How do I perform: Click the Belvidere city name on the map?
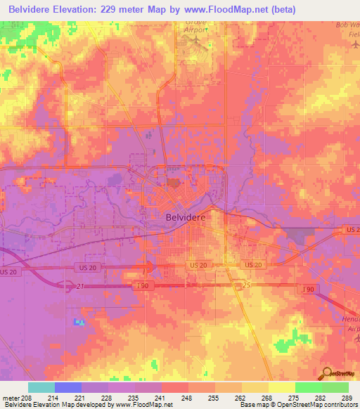coord(186,218)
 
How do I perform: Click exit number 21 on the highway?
coord(79,286)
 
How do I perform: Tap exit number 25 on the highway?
coord(245,285)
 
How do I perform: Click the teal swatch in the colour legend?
coord(41,387)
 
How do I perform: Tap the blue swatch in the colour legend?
coord(68,387)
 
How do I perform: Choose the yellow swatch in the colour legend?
coord(281,387)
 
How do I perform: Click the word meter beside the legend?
coord(11,398)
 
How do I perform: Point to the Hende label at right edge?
coord(349,318)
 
